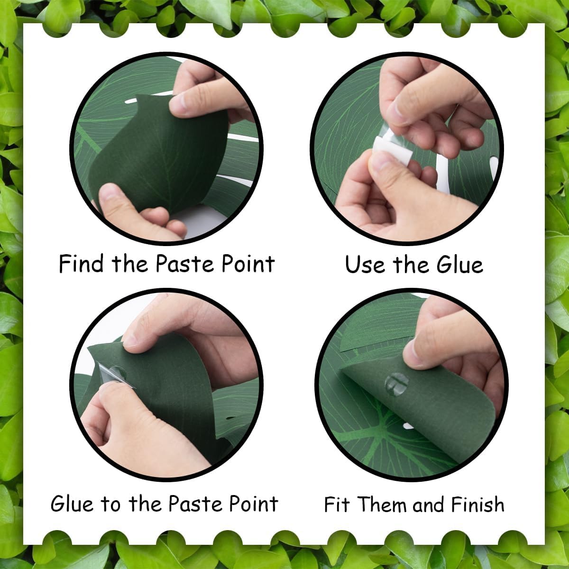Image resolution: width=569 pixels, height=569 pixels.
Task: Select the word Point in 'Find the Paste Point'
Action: [x=248, y=263]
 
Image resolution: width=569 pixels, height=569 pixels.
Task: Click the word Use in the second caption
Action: [x=365, y=264]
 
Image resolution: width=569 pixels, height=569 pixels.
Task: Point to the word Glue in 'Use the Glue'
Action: [x=460, y=264]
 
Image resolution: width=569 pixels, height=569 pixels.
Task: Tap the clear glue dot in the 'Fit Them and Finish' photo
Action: [x=396, y=384]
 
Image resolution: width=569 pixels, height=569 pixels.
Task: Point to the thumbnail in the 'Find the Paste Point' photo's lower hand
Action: [x=107, y=193]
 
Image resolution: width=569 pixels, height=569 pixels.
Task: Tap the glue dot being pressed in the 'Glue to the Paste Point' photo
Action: [x=117, y=374]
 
